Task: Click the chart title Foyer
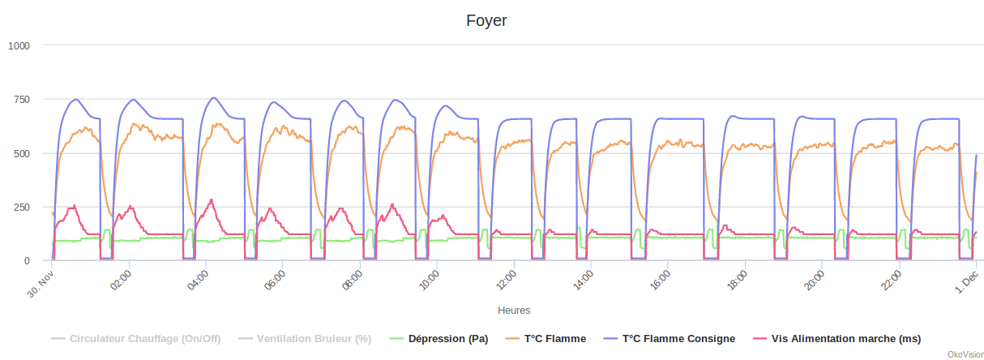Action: coord(486,20)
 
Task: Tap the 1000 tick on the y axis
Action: coord(19,45)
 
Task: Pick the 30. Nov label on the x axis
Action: coord(41,283)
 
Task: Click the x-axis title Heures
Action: coord(514,310)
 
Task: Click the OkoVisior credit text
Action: coord(965,354)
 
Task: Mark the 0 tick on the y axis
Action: coord(27,261)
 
